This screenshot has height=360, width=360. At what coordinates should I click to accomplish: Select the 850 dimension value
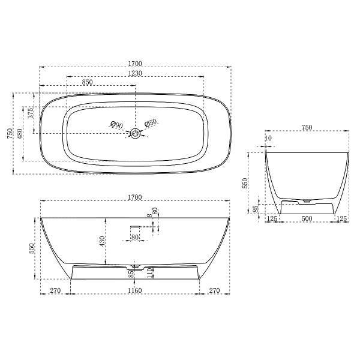[87, 83]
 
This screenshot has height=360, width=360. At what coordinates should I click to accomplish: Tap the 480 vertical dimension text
[19, 133]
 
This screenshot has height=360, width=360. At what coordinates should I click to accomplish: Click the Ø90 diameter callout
[116, 124]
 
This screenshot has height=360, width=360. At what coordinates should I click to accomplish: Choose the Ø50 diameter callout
[151, 122]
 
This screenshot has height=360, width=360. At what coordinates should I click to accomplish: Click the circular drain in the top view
[136, 133]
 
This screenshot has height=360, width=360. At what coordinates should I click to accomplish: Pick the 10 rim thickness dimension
[268, 139]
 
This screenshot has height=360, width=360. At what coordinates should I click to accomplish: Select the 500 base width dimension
[307, 219]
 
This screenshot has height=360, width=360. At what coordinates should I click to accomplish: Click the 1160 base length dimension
[134, 290]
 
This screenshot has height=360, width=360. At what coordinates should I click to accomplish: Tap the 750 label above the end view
[307, 127]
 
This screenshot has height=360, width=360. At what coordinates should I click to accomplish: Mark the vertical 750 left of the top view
[8, 133]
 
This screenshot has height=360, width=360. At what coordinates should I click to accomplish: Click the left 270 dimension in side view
[55, 290]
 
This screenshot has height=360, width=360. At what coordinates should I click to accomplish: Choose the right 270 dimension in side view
[214, 290]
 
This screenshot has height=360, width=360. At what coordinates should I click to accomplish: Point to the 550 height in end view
[244, 182]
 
